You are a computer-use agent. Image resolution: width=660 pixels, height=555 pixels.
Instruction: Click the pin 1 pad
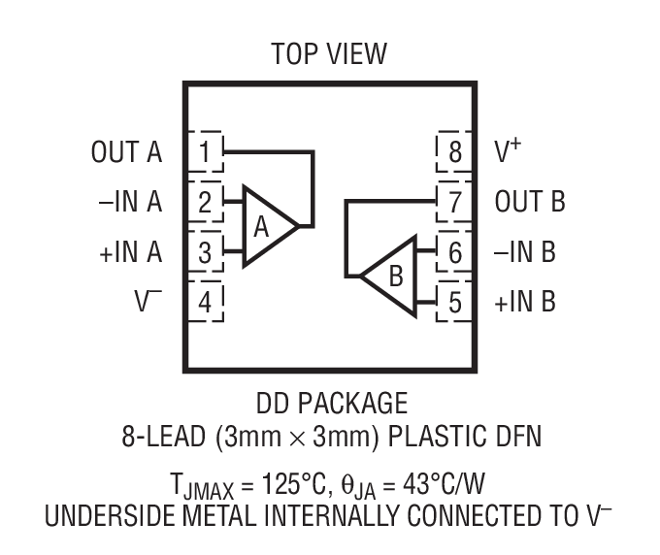pos(205,152)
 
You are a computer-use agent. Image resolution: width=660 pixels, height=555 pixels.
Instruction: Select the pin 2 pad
pos(205,203)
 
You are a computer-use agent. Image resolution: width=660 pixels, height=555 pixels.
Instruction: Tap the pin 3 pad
pos(205,253)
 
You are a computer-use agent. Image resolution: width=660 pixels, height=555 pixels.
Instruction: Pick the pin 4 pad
pos(205,303)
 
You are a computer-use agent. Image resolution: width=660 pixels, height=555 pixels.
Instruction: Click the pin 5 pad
pos(454,303)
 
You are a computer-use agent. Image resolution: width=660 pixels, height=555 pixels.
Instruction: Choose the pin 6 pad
pos(454,253)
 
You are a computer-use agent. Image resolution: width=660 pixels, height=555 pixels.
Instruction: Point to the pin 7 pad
pos(454,203)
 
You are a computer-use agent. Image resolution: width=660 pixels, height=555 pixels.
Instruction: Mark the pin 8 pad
pos(454,152)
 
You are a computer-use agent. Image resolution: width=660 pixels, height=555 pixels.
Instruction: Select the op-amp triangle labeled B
pos(392,276)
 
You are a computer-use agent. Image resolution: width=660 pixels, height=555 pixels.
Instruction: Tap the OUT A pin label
pos(126,152)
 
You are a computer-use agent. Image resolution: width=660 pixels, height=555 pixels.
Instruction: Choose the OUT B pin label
pos(530,203)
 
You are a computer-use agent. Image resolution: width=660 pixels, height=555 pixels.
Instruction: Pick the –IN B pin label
pos(525,253)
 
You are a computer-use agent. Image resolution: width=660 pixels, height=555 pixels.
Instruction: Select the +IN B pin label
pos(525,303)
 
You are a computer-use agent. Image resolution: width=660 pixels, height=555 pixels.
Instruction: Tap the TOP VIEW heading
pos(329,53)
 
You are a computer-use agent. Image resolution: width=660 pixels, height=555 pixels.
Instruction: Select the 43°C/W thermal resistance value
pos(464,479)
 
